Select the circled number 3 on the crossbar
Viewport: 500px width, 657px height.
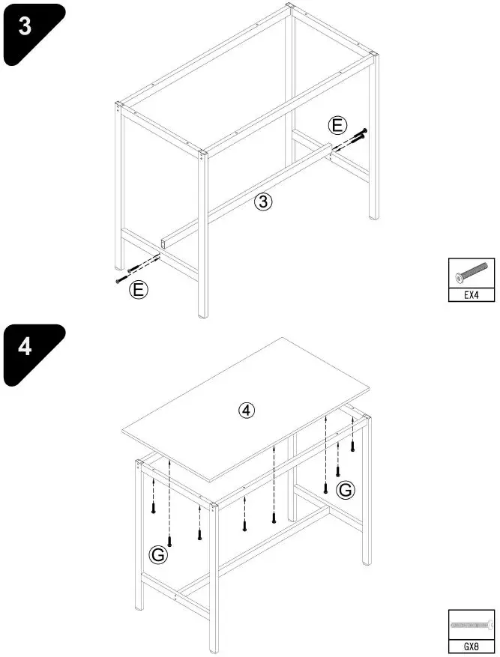[x=262, y=201]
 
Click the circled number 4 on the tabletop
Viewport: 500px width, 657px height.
[x=247, y=410]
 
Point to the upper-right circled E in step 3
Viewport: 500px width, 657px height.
[x=338, y=125]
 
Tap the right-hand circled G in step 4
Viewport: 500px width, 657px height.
[x=345, y=490]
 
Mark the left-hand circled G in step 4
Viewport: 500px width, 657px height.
[x=159, y=554]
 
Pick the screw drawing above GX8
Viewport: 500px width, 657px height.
[x=471, y=624]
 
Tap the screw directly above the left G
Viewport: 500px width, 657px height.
[x=170, y=539]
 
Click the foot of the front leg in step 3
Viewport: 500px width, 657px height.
[x=203, y=314]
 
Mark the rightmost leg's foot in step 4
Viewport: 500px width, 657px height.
[x=367, y=562]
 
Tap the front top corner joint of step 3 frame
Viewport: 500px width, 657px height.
[x=202, y=156]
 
